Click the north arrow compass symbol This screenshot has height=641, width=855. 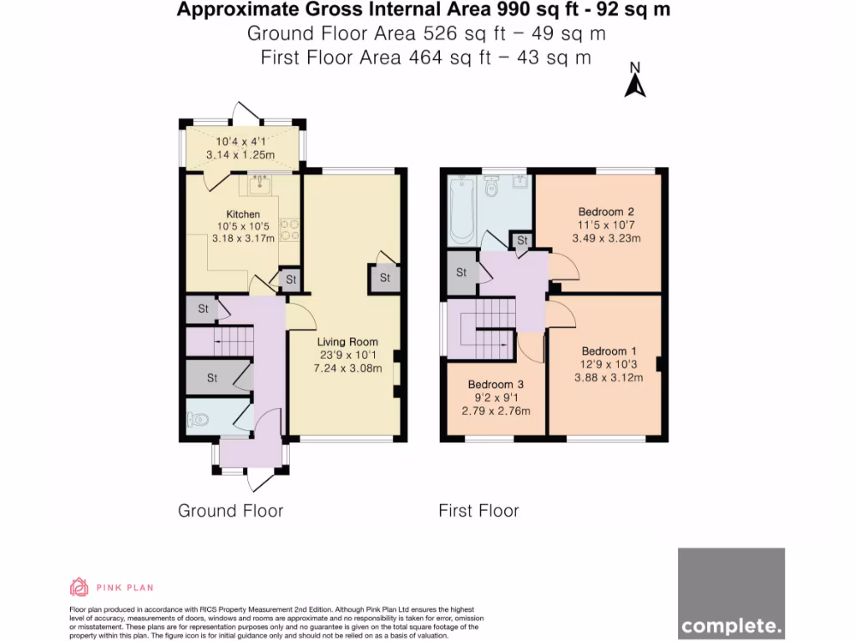point(635,82)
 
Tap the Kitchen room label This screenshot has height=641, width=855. point(243,215)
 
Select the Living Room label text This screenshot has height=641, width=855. point(347,341)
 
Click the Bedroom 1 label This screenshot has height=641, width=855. point(609,351)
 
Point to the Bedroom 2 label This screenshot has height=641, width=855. point(606,212)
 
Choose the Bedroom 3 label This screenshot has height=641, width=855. point(496,384)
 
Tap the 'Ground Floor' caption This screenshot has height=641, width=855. point(230,511)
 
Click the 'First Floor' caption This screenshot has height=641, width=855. point(478,511)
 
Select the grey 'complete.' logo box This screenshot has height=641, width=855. point(731,593)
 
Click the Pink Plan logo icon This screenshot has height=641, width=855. point(78,588)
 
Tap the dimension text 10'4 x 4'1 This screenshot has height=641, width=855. point(245,142)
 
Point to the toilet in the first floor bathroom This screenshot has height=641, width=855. point(491,188)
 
